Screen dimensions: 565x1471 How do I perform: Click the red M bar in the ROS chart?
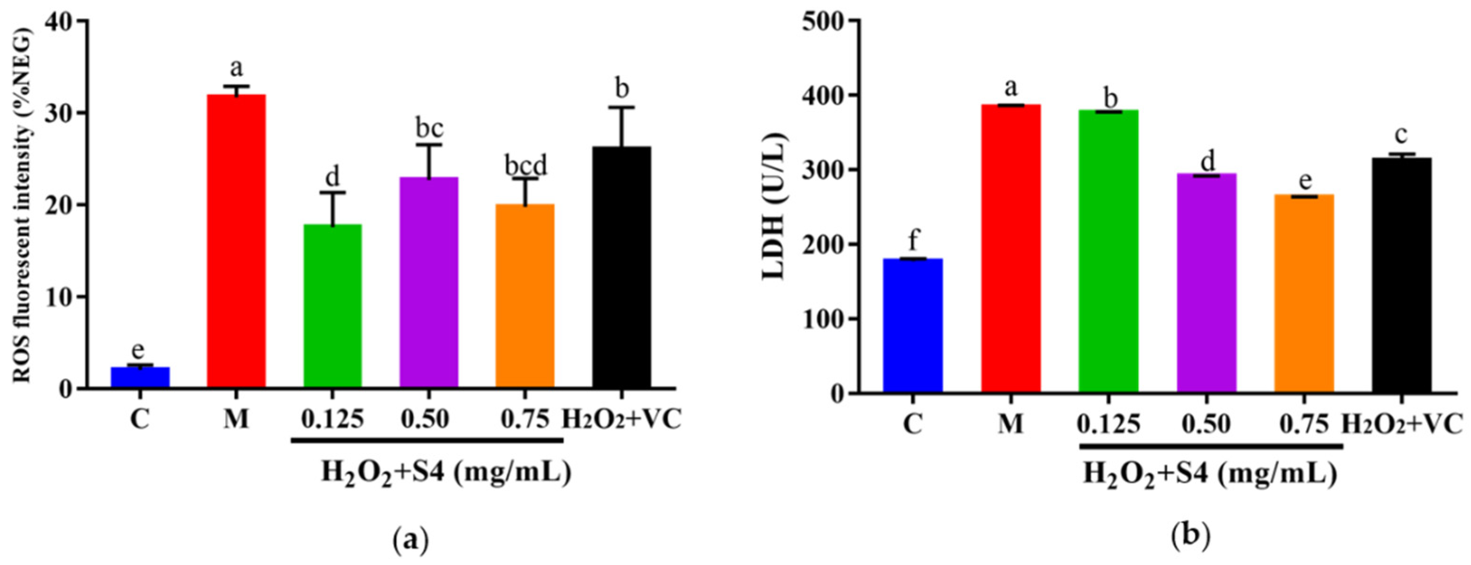(236, 240)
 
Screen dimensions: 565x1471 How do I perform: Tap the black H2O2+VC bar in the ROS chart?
(622, 268)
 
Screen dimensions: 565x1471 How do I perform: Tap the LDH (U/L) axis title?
(776, 207)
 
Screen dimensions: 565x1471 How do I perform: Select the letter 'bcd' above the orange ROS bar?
(525, 166)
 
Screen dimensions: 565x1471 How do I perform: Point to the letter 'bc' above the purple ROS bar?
(429, 130)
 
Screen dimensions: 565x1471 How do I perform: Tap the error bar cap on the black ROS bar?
(622, 107)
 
